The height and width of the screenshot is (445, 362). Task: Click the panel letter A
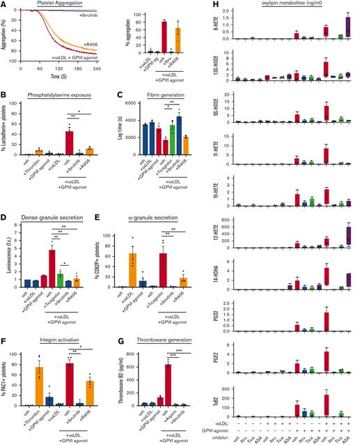[5, 4]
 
